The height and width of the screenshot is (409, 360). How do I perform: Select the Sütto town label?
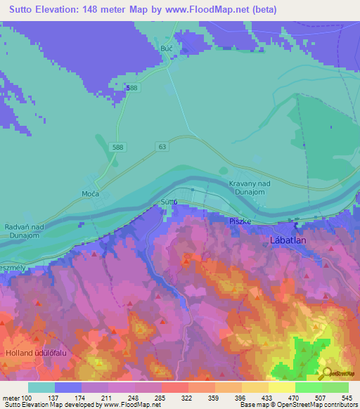click(x=168, y=202)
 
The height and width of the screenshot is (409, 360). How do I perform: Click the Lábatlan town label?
click(x=288, y=240)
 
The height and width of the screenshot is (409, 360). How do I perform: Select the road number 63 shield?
click(x=163, y=146)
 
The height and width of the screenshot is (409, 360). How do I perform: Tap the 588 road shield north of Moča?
click(x=117, y=146)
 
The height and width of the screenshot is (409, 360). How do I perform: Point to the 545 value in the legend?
click(x=345, y=398)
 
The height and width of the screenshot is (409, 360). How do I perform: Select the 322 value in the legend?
click(x=186, y=398)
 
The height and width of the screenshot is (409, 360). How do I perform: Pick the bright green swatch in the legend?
click(x=309, y=387)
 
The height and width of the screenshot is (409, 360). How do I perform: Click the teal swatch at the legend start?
click(x=41, y=387)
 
